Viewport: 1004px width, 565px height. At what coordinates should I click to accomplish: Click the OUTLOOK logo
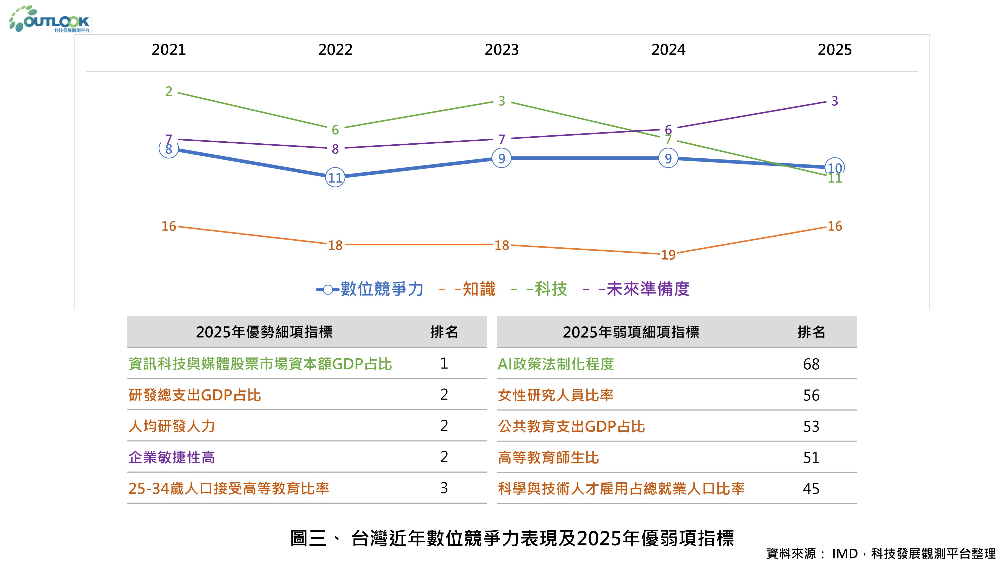pyautogui.click(x=50, y=20)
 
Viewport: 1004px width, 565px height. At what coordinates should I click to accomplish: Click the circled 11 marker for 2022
pyautogui.click(x=335, y=178)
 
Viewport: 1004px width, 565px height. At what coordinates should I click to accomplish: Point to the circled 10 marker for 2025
pyautogui.click(x=835, y=168)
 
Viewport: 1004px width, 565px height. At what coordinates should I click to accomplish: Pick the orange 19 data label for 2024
pyautogui.click(x=668, y=255)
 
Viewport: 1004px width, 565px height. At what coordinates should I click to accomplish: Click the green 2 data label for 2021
pyautogui.click(x=168, y=91)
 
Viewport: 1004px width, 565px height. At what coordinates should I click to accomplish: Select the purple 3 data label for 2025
pyautogui.click(x=835, y=101)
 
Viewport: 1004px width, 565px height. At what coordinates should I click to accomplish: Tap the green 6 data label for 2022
pyautogui.click(x=335, y=130)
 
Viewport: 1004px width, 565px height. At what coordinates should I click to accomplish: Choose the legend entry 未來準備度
pyautogui.click(x=648, y=289)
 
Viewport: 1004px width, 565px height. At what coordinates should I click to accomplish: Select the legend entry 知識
pyautogui.click(x=479, y=289)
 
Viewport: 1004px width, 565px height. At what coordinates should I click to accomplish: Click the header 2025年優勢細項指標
pyautogui.click(x=264, y=332)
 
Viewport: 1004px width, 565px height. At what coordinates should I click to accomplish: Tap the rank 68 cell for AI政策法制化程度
pyautogui.click(x=811, y=364)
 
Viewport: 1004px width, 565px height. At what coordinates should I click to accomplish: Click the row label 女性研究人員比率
pyautogui.click(x=555, y=395)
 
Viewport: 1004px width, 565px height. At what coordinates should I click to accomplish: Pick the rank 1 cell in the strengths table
pyautogui.click(x=444, y=363)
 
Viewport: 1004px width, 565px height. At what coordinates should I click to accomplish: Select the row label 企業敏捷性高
pyautogui.click(x=171, y=457)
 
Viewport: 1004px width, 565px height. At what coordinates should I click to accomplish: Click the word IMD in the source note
pyautogui.click(x=845, y=553)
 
